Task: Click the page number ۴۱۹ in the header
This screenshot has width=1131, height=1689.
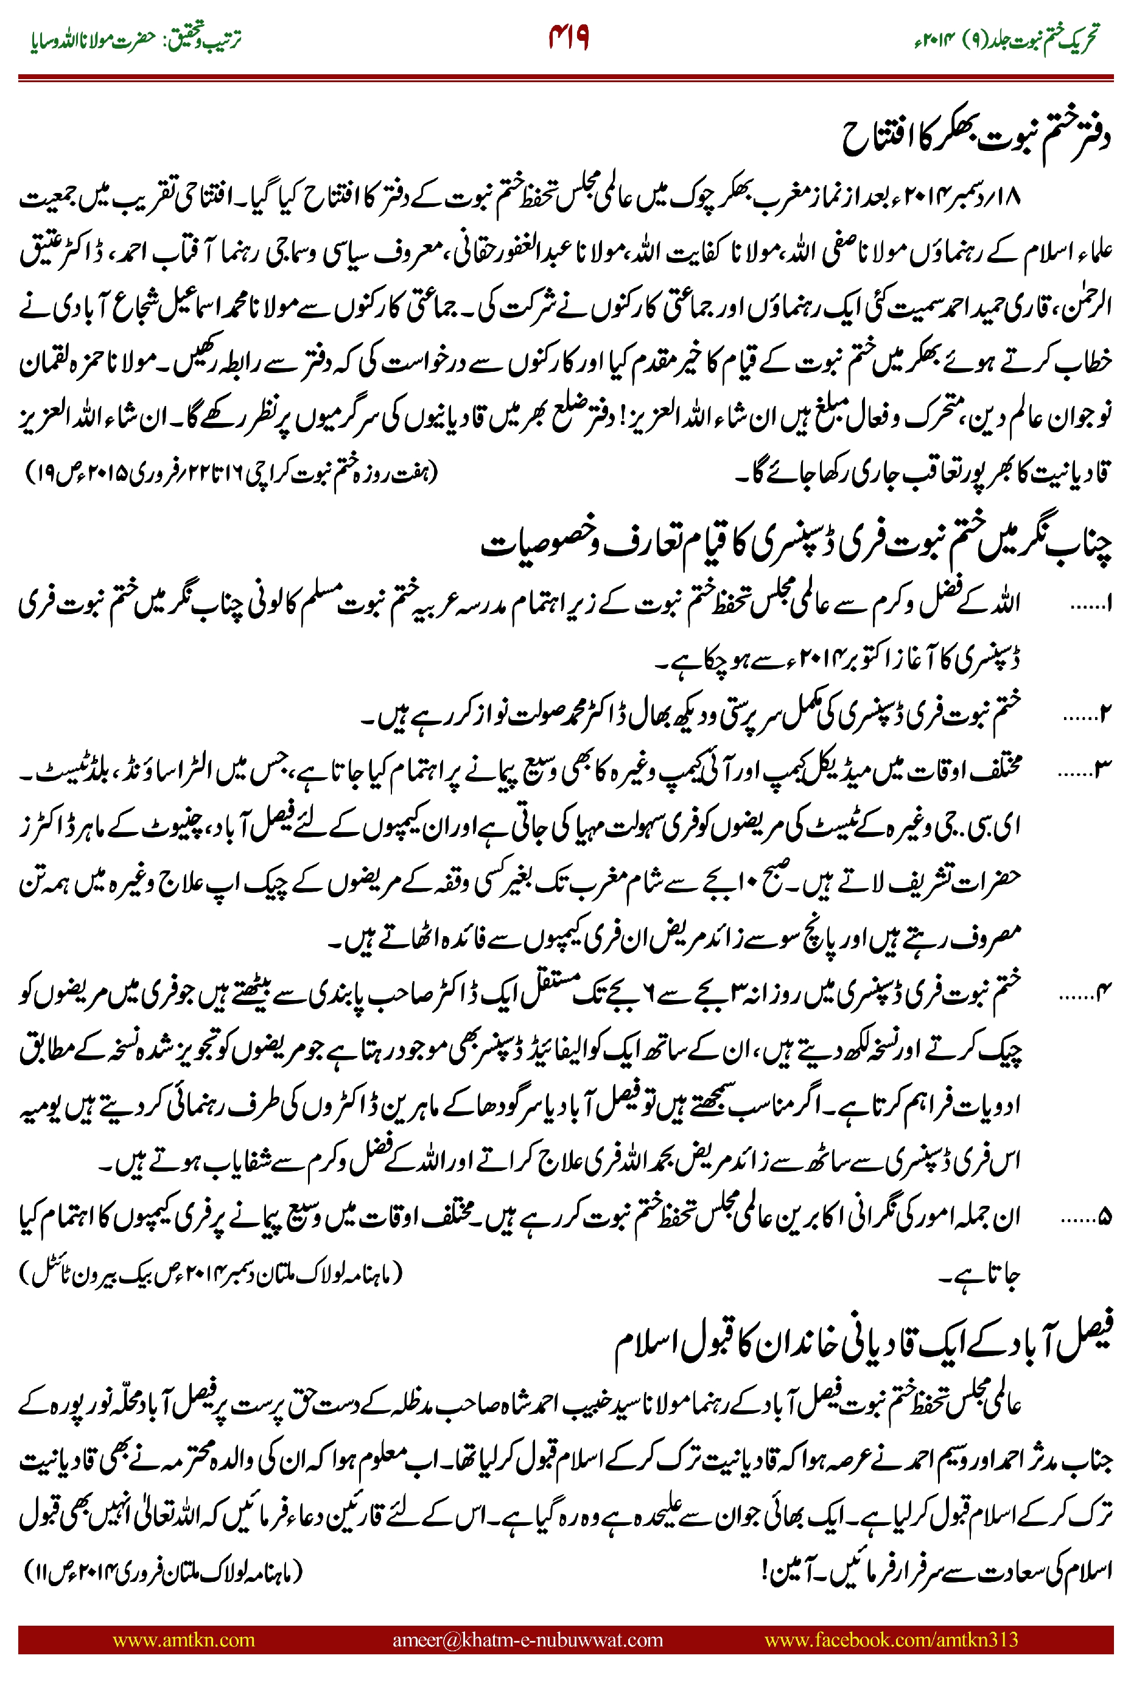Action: click(x=569, y=37)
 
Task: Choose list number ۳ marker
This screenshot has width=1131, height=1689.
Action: click(x=1085, y=772)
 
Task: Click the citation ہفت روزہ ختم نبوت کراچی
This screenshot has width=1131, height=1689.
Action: click(x=231, y=474)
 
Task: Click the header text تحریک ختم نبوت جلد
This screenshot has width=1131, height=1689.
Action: click(x=1007, y=38)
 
